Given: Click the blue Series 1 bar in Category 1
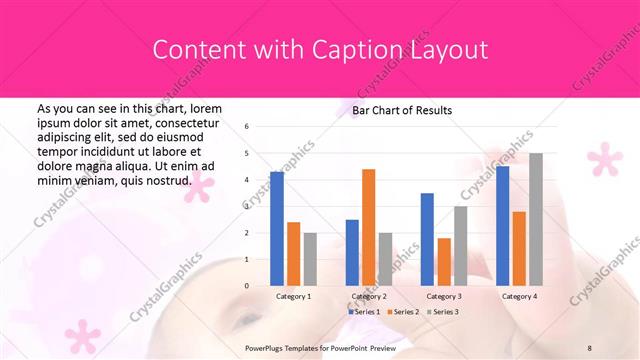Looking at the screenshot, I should (x=277, y=228).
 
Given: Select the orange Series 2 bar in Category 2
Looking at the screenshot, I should (x=368, y=227).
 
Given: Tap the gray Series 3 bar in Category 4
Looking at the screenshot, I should (x=536, y=219).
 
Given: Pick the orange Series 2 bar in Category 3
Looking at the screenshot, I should (x=444, y=261).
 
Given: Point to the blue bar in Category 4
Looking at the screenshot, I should (x=502, y=225).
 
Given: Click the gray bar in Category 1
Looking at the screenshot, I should (x=310, y=259).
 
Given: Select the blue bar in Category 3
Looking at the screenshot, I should (x=427, y=239).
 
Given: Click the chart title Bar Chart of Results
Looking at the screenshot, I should (x=402, y=110).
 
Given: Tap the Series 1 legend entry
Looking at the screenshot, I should (x=365, y=313).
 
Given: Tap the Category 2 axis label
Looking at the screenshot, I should (x=368, y=297).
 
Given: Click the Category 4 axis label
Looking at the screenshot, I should (x=518, y=297).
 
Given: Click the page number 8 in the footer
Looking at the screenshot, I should (x=590, y=346).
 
